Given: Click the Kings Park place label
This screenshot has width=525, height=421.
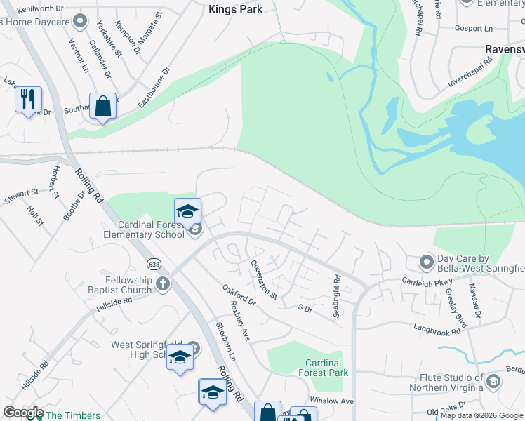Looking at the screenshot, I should (x=236, y=9).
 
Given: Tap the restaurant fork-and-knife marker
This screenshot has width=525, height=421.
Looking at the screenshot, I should (x=28, y=99).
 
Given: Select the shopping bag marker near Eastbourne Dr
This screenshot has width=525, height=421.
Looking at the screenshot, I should (x=102, y=107).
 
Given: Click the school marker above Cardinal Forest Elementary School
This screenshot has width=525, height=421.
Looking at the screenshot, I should (x=187, y=211).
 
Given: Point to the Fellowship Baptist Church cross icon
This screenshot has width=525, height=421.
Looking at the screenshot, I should (x=163, y=284).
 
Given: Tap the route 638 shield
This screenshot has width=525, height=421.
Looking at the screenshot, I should (x=153, y=265).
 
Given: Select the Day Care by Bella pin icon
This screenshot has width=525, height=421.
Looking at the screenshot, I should (x=425, y=262).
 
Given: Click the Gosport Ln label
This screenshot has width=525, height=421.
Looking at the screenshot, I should (x=474, y=29).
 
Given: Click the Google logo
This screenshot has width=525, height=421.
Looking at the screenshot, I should (x=23, y=413).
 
